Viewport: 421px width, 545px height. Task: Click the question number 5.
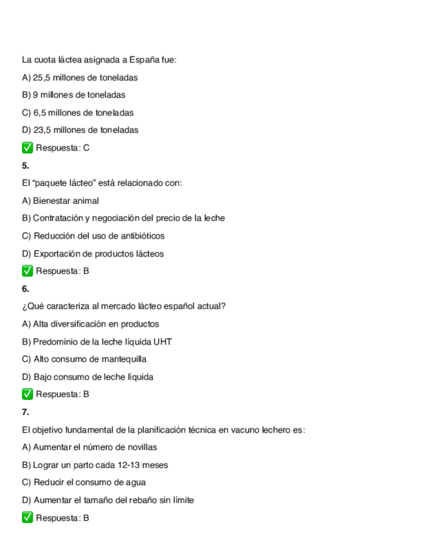coord(25,165)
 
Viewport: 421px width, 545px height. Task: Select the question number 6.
coord(25,289)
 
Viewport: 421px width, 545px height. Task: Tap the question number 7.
coord(25,412)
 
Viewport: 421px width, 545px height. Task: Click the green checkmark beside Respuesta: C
coord(27,148)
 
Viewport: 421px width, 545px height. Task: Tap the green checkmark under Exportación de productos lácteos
coord(27,271)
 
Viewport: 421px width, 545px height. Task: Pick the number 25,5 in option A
coord(42,78)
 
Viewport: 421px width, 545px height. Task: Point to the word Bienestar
coord(52,201)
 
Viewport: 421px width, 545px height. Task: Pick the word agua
coord(135,483)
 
